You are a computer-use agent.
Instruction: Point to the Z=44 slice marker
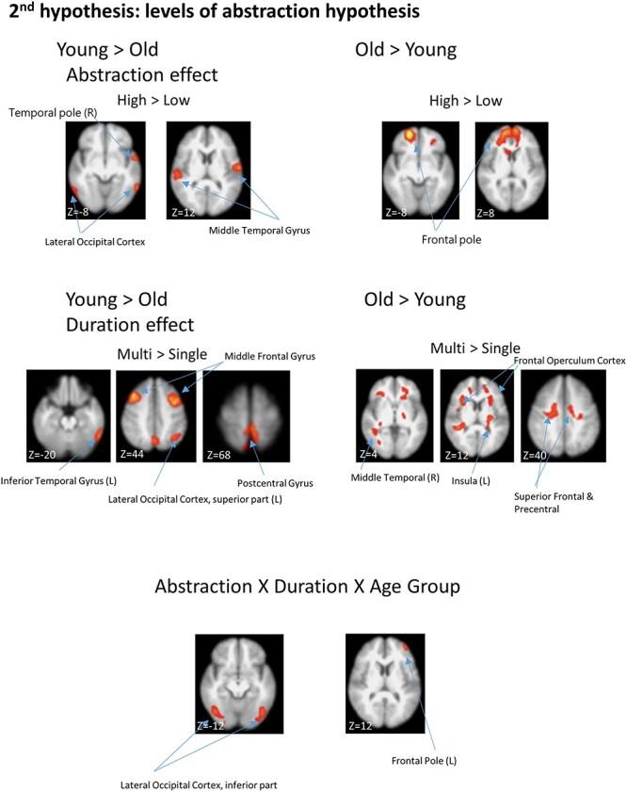coord(135,454)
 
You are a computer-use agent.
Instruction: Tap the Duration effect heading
coord(130,325)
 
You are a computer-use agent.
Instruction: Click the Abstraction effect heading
coord(141,74)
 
